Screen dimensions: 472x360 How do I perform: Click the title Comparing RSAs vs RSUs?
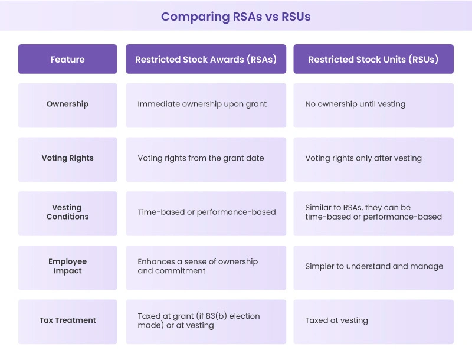tap(235, 17)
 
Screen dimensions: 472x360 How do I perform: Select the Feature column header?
tap(67, 59)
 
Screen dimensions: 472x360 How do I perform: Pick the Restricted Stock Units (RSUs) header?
tap(373, 59)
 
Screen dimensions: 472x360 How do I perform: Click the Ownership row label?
tap(67, 104)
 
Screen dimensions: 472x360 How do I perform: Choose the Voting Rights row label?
tap(67, 158)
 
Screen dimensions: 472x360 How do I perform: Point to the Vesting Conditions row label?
tap(67, 212)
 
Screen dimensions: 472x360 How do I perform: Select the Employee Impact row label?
tap(67, 266)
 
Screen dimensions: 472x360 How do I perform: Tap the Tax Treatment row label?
tap(67, 320)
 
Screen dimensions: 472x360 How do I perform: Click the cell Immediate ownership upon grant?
tap(202, 104)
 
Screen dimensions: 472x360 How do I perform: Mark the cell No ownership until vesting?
tap(355, 104)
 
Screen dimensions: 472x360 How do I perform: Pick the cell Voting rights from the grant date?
tap(201, 158)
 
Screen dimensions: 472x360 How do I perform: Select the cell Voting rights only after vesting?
tap(363, 158)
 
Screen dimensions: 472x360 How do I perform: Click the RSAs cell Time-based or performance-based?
tap(206, 212)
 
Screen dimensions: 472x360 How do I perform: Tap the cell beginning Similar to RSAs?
tap(373, 212)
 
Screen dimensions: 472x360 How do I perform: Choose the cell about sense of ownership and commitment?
tap(198, 266)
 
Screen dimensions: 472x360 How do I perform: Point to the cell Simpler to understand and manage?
tap(374, 266)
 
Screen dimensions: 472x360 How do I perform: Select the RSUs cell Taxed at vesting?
tap(336, 320)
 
